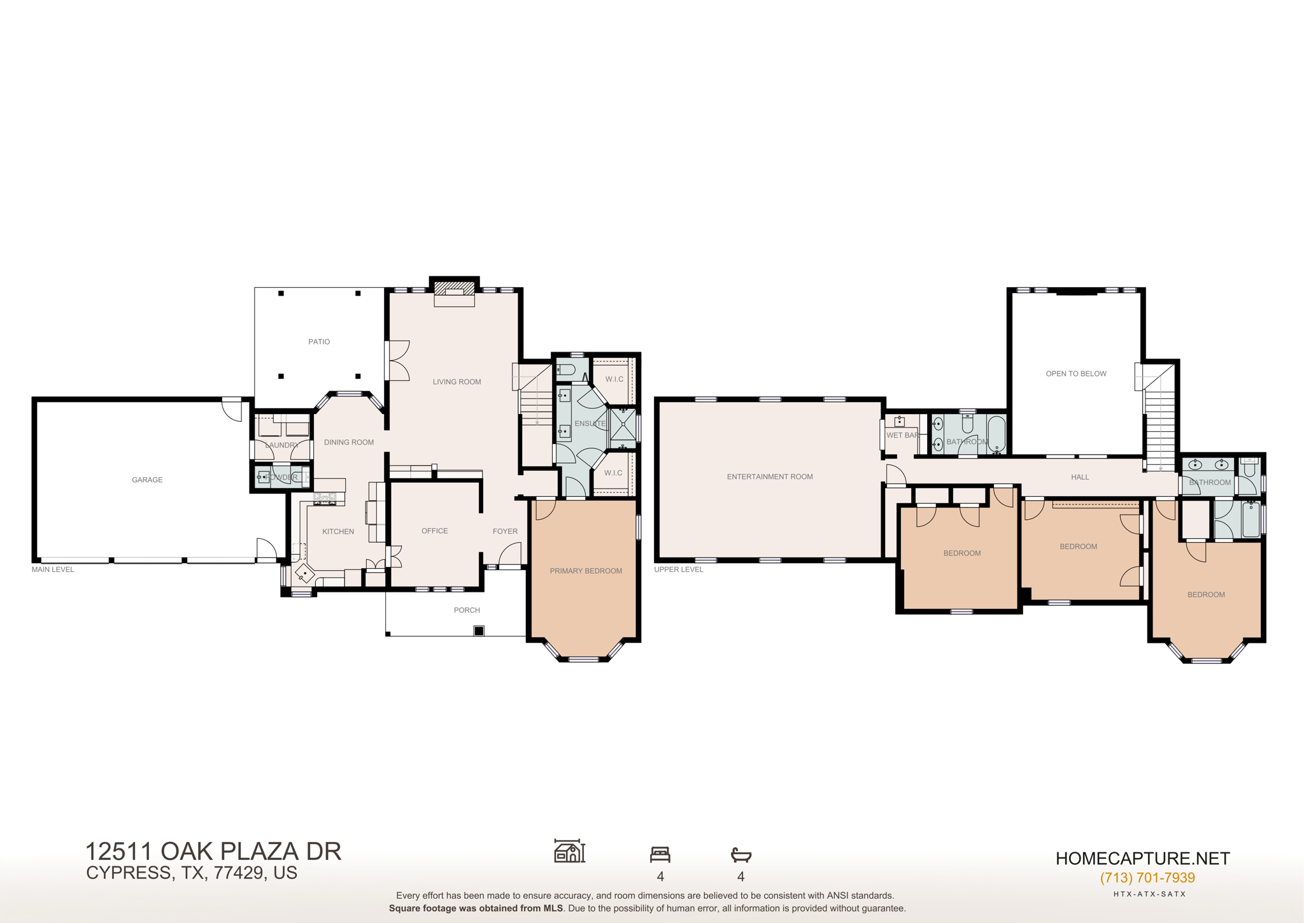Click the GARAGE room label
[147, 480]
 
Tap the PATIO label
[319, 342]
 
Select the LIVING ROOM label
[457, 382]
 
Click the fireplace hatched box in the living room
[455, 288]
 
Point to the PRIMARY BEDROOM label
[586, 571]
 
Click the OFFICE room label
[434, 531]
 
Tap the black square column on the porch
[479, 631]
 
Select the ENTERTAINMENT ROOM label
[770, 476]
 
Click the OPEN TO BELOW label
[1076, 374]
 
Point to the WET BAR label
[902, 435]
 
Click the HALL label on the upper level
[1080, 477]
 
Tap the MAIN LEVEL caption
[53, 569]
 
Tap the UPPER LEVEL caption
[679, 569]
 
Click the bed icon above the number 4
[660, 854]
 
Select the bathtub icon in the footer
[741, 854]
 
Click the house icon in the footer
[569, 851]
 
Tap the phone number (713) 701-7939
[1147, 878]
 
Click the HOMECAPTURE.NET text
[1143, 859]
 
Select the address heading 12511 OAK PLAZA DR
[213, 852]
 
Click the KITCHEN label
[338, 531]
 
